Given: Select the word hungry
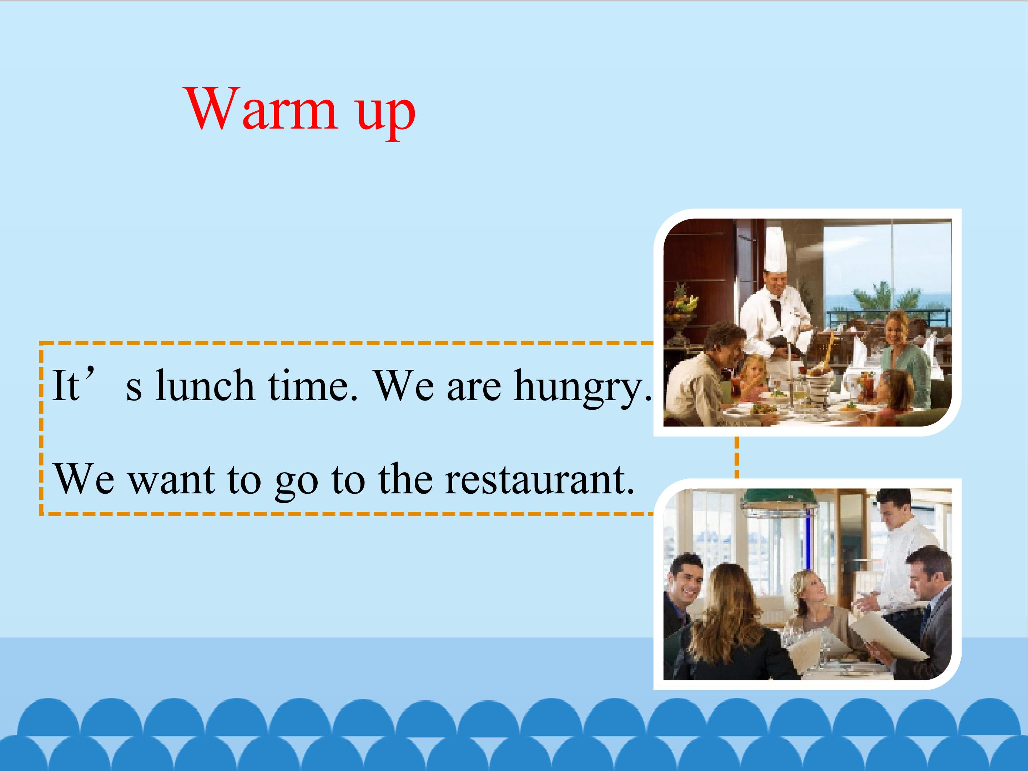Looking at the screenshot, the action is [x=583, y=388].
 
